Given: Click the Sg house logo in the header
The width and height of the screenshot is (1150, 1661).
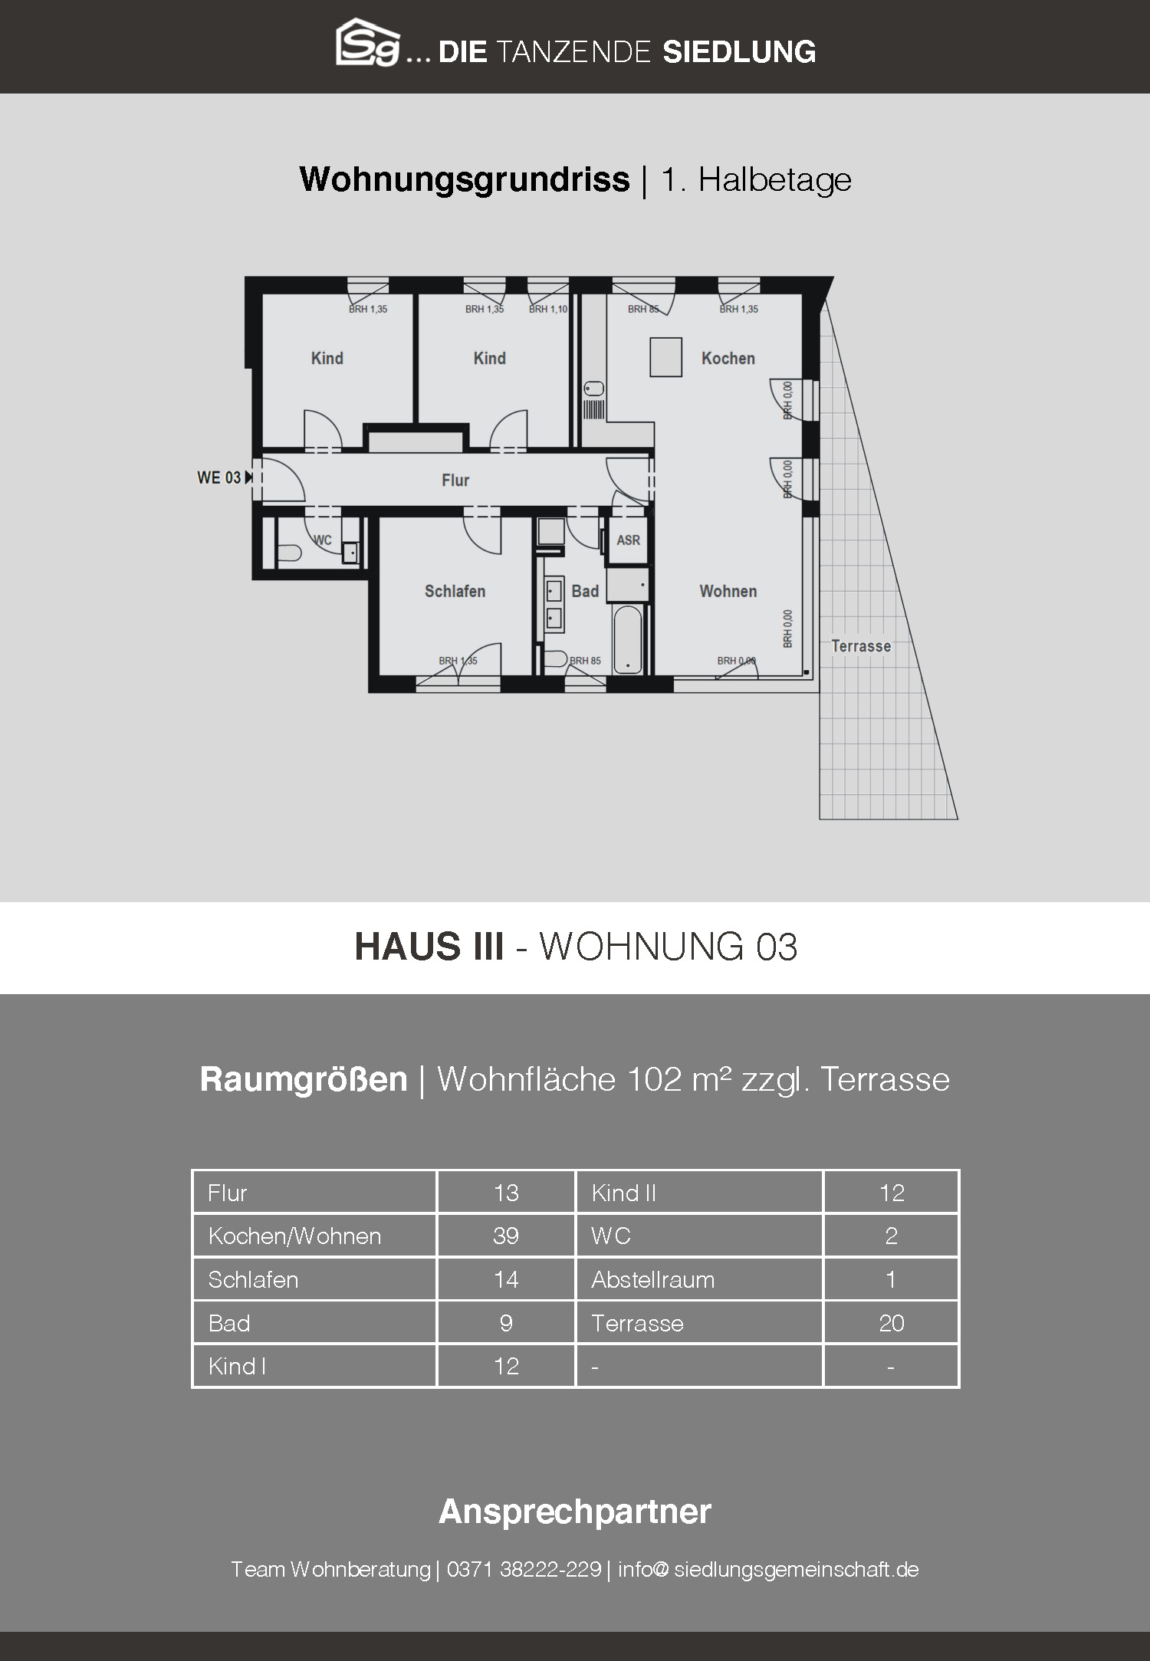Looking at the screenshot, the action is pos(368,42).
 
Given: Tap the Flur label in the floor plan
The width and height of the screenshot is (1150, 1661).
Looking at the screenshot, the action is pos(455,481).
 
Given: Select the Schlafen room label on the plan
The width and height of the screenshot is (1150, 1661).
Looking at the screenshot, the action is pos(455,591).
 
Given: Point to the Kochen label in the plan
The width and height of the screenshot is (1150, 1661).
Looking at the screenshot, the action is pos(728,358).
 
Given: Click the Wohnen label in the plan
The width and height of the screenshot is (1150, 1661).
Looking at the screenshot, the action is pos(728,591).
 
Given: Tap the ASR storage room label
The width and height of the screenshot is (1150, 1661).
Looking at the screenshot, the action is pos(628,540).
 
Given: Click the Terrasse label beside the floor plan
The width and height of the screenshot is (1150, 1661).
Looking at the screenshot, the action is pos(861,646).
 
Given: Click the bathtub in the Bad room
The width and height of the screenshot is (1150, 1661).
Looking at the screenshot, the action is pos(627,639).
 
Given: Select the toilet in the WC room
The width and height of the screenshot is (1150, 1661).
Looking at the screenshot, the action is pos(289,553).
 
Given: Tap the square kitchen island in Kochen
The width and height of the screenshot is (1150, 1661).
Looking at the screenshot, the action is pos(665,357).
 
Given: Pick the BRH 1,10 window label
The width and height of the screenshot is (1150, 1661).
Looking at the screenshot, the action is pos(548,310).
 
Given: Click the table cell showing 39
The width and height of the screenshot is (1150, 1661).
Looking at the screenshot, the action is pos(506,1236).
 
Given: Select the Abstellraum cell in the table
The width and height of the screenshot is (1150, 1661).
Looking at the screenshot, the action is pos(652,1279).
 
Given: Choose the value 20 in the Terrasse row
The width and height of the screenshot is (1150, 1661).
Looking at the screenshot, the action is pos(892,1323).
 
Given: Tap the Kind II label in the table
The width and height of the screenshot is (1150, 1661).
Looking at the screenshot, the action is pos(623,1193).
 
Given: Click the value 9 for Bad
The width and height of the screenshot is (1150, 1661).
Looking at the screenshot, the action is pos(506,1323).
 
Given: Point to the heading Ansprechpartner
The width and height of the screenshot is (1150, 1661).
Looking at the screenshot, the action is pos(575,1512).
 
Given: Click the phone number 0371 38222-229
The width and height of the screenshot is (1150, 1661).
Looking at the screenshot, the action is pos(524,1569).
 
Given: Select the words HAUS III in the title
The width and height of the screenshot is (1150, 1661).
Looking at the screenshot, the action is pos(429,947).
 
